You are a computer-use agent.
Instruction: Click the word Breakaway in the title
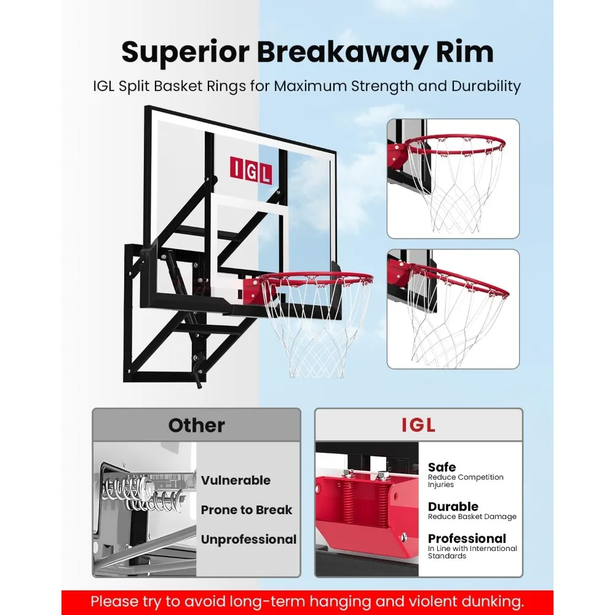pyautogui.click(x=341, y=53)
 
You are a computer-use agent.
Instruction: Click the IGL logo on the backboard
pyautogui.click(x=250, y=169)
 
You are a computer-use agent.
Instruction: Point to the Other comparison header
pyautogui.click(x=196, y=425)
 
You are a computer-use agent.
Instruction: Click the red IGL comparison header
pyautogui.click(x=418, y=425)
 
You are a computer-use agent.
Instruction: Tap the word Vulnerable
pyautogui.click(x=236, y=480)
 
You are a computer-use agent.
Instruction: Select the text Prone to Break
pyautogui.click(x=247, y=510)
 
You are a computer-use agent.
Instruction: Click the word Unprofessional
pyautogui.click(x=248, y=539)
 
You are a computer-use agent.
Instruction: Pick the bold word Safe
pyautogui.click(x=442, y=467)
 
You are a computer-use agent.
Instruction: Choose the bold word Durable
pyautogui.click(x=453, y=507)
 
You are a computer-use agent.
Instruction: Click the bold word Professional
pyautogui.click(x=467, y=539)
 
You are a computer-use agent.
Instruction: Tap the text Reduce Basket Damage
pyautogui.click(x=472, y=517)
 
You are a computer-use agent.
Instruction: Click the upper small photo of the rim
pyautogui.click(x=453, y=178)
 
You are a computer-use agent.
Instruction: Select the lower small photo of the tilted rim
pyautogui.click(x=453, y=309)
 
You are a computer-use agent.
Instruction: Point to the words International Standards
pyautogui.click(x=472, y=552)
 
